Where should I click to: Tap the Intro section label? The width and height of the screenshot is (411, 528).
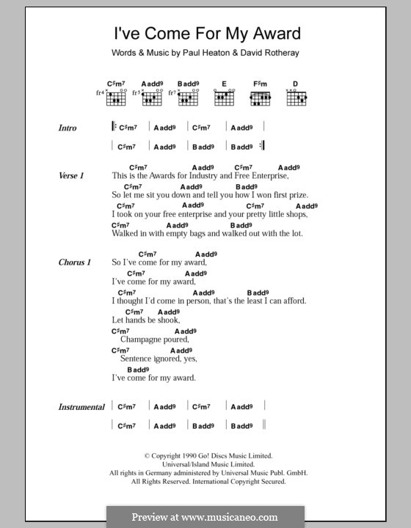pos(68,128)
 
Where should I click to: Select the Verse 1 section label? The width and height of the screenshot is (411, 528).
pos(72,177)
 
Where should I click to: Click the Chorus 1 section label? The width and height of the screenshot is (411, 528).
pos(74,263)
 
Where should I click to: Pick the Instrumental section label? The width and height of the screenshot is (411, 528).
pos(81,407)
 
